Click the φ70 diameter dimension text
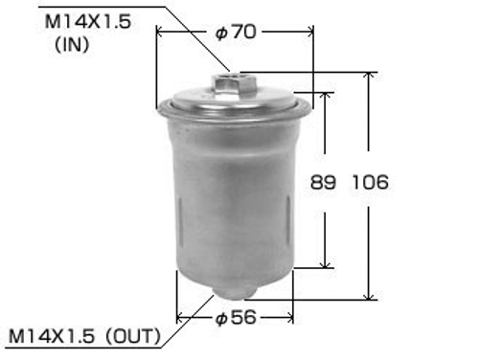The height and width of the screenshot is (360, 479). coord(236,32)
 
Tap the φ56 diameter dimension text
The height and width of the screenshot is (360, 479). coord(236,317)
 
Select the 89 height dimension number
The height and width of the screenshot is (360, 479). coord(328,183)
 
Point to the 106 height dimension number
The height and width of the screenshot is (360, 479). coord(370,183)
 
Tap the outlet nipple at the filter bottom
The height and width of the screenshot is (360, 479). coord(234,290)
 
